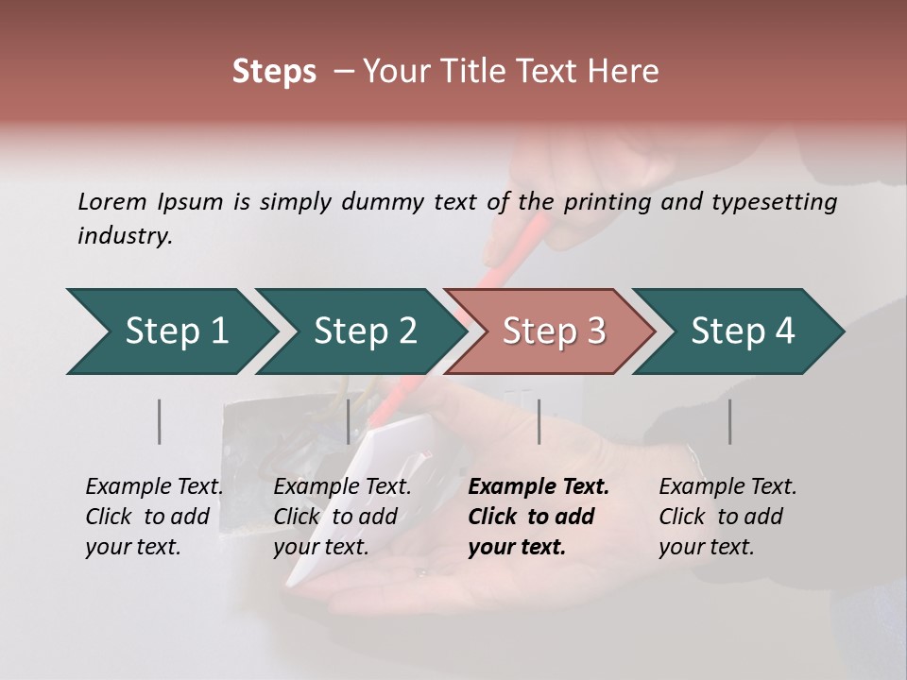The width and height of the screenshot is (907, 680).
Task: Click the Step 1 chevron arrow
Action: click(x=175, y=331)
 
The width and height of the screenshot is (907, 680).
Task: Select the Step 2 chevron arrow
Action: click(x=364, y=331)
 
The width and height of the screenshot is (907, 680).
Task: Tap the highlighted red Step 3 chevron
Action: click(x=553, y=331)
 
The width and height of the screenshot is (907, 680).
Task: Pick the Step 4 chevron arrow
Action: click(x=742, y=331)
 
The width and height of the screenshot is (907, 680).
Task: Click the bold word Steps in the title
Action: click(x=274, y=72)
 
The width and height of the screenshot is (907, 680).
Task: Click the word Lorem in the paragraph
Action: click(x=111, y=201)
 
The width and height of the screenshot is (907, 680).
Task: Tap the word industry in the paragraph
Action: click(x=125, y=236)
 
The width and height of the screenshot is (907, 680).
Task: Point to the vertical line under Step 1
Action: click(x=160, y=421)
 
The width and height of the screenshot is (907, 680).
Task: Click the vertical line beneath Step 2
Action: click(x=349, y=421)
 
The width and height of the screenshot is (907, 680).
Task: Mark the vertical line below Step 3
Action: click(x=539, y=421)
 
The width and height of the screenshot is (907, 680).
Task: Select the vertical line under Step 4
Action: click(x=729, y=421)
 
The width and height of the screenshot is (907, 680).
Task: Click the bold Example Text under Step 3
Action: click(x=539, y=487)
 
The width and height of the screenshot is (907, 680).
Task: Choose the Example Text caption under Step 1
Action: click(x=154, y=487)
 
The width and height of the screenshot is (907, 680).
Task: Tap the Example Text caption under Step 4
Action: click(x=727, y=487)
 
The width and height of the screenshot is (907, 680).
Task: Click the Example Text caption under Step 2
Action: click(x=342, y=487)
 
